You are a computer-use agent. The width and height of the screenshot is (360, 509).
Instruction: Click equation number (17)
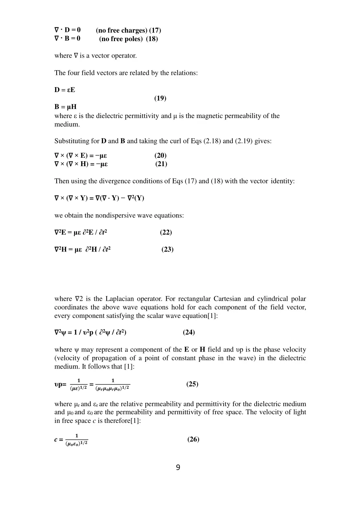[155, 30]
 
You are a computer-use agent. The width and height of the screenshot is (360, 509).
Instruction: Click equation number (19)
[160, 98]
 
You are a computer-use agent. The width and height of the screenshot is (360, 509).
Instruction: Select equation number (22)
[166, 232]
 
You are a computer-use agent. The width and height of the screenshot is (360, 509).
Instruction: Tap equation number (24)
[189, 332]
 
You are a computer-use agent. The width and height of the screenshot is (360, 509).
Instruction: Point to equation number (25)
[192, 384]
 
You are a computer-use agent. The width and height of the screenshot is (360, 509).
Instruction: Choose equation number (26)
[193, 439]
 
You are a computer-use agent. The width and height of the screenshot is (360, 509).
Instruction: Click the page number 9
[178, 468]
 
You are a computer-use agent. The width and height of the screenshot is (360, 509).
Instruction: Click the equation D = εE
[65, 90]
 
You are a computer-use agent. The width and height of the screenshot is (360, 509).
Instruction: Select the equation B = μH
[65, 107]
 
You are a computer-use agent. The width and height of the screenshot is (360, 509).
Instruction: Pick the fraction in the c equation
[77, 440]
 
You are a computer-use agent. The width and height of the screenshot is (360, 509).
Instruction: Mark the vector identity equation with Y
[99, 198]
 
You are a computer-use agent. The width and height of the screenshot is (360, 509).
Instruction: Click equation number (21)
[161, 164]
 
